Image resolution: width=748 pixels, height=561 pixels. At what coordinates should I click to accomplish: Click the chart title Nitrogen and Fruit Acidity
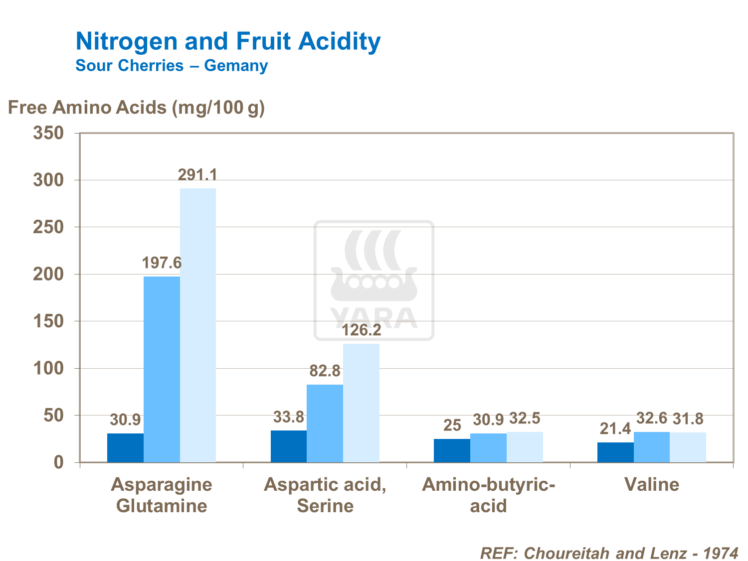[x=228, y=41]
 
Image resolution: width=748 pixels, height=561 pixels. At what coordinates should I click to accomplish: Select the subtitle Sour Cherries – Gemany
[x=172, y=66]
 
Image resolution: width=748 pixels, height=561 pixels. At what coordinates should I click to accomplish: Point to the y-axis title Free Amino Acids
[x=136, y=107]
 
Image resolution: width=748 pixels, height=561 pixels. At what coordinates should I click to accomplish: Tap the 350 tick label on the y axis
[x=48, y=133]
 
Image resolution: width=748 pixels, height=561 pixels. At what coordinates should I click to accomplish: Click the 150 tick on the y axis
[x=48, y=321]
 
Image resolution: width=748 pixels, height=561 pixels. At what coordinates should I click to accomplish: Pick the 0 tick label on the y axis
[x=59, y=462]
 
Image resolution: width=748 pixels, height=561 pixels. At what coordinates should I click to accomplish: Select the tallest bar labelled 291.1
[x=198, y=325]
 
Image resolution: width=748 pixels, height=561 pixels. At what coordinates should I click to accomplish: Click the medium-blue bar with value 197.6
[x=162, y=369]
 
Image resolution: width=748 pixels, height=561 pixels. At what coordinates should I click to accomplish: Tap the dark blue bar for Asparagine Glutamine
[x=125, y=448]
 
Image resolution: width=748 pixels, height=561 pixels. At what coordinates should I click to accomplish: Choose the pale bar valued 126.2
[x=361, y=403]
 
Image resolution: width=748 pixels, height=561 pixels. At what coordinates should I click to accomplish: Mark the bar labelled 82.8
[x=325, y=423]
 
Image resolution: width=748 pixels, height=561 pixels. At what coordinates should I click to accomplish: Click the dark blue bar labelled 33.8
[x=289, y=446]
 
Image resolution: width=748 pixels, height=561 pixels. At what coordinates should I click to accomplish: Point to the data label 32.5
[x=525, y=419]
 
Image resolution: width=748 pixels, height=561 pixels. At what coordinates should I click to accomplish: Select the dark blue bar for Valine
[x=615, y=452]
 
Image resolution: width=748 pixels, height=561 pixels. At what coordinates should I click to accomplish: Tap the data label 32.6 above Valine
[x=652, y=419]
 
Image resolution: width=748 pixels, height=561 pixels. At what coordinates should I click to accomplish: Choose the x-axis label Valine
[x=652, y=484]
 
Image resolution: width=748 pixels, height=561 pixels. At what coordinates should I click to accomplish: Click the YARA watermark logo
[x=374, y=280]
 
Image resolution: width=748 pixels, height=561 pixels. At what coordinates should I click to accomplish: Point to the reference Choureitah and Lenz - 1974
[x=609, y=553]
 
